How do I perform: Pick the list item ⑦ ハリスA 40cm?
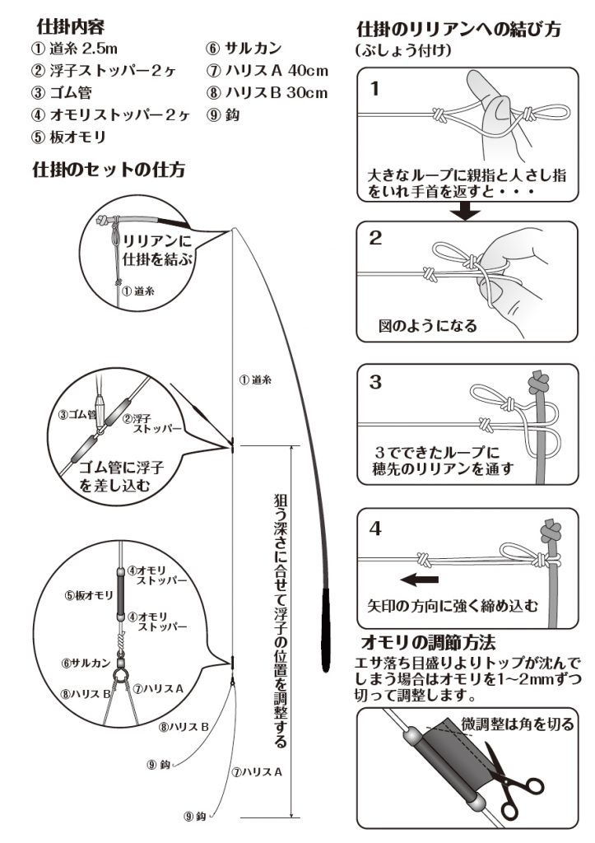(268, 72)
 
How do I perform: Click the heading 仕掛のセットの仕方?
(108, 170)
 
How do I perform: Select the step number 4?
(375, 528)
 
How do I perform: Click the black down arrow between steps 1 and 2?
(468, 212)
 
